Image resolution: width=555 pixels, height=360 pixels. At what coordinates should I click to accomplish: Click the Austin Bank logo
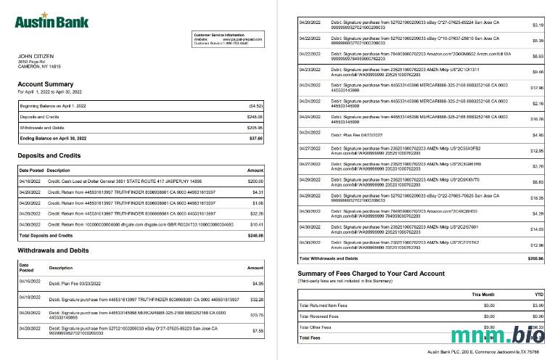click(44, 20)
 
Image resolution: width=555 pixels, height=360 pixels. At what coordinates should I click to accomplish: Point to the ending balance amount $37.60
click(255, 137)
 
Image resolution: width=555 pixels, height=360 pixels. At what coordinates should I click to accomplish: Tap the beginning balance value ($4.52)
click(255, 105)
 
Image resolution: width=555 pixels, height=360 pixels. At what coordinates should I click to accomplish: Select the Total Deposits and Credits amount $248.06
click(254, 236)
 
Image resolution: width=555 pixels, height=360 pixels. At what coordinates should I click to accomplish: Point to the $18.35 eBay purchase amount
click(536, 197)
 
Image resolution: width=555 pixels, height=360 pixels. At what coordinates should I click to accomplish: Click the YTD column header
click(537, 295)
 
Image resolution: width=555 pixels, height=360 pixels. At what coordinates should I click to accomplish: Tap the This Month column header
click(483, 295)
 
